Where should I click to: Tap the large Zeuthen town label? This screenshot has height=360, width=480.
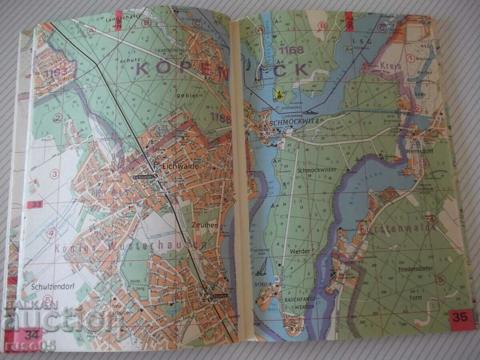[x=205, y=226]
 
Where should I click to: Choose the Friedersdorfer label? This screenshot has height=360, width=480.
[x=416, y=269]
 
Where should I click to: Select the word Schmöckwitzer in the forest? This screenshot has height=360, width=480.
[x=316, y=170]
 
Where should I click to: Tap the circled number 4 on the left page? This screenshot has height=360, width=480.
[x=51, y=233]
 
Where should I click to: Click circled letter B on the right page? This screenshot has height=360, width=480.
[x=321, y=26]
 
